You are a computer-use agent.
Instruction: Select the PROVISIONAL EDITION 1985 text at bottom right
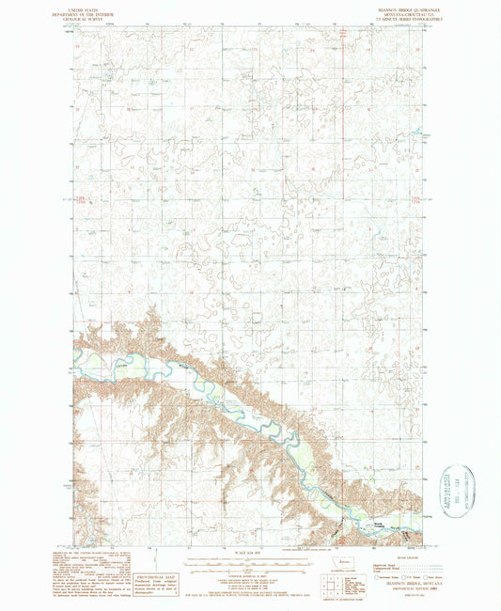click(406, 590)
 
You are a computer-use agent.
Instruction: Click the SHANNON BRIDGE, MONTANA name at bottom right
click(406, 586)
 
